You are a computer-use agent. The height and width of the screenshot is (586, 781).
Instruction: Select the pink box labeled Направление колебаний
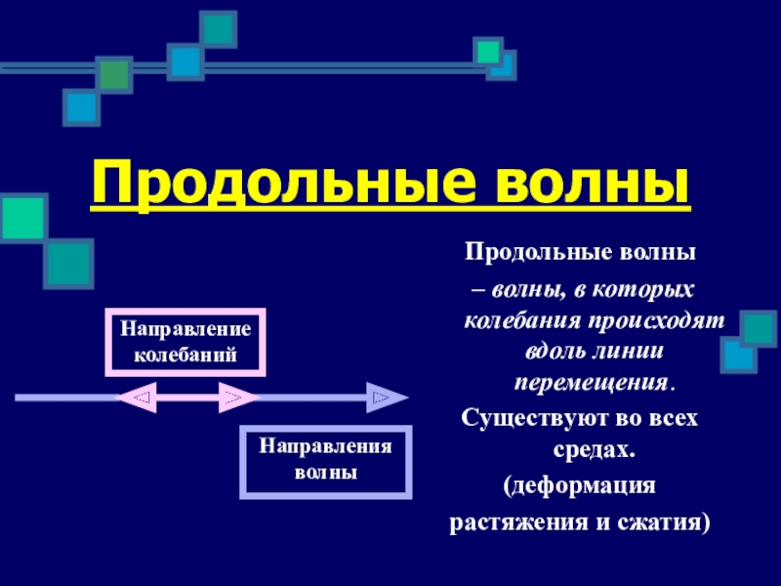pos(185,342)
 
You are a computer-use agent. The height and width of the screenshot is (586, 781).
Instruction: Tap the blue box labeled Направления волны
pos(325,461)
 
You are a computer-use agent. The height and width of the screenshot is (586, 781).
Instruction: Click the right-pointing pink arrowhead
pos(235,398)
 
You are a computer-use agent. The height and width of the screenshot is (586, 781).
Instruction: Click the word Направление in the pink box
pos(185,329)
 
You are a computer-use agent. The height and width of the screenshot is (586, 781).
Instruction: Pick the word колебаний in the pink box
pos(185,353)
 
